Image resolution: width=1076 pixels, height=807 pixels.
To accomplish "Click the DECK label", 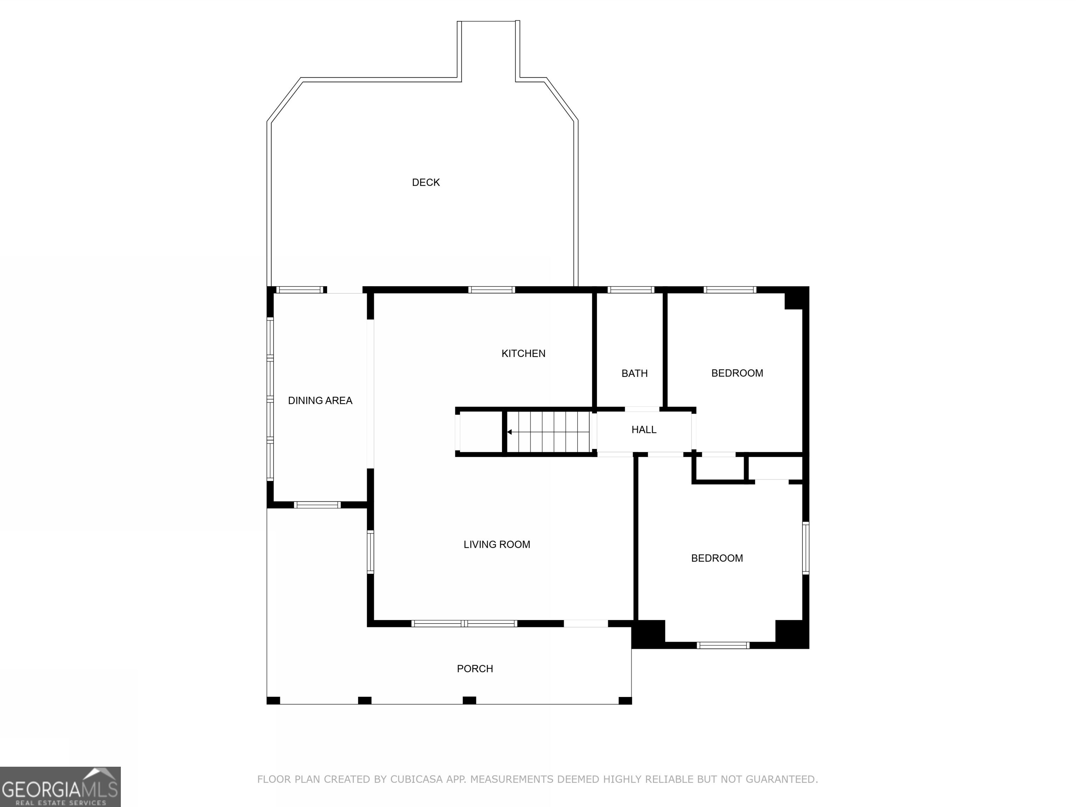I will pyautogui.click(x=426, y=182).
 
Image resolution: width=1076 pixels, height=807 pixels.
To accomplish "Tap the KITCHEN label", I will pyautogui.click(x=523, y=354).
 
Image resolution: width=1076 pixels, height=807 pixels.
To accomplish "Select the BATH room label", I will pyautogui.click(x=634, y=374).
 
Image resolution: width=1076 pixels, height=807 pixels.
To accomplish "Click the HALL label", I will pyautogui.click(x=643, y=429).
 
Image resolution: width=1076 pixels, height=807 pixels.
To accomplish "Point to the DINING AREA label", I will pyautogui.click(x=320, y=401).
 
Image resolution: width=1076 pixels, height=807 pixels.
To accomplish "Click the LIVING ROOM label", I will pyautogui.click(x=497, y=545).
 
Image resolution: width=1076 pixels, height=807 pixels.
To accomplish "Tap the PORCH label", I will pyautogui.click(x=475, y=669).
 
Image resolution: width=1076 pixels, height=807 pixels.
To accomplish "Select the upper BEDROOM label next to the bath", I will pyautogui.click(x=737, y=373).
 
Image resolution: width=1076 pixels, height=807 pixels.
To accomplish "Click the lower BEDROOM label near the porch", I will pyautogui.click(x=717, y=558).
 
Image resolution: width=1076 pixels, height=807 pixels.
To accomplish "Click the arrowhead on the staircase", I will pyautogui.click(x=509, y=432).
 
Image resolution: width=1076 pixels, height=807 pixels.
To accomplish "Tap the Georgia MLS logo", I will pyautogui.click(x=60, y=787).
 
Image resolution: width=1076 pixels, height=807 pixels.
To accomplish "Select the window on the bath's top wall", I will pyautogui.click(x=631, y=290).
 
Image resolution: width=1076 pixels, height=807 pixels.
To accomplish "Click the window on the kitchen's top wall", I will pyautogui.click(x=491, y=290).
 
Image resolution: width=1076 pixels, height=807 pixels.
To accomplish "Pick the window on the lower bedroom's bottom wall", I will pyautogui.click(x=723, y=646).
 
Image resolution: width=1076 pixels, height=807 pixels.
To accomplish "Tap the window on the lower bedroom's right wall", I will pyautogui.click(x=806, y=548).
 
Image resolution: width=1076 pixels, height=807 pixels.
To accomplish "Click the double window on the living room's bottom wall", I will pyautogui.click(x=464, y=623).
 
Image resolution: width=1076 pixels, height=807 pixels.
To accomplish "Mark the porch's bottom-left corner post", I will pyautogui.click(x=273, y=701).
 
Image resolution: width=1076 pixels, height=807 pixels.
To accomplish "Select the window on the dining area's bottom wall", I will pyautogui.click(x=318, y=505).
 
